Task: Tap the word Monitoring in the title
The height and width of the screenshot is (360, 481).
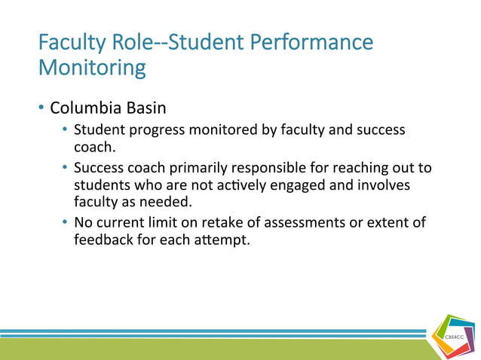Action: coord(92,69)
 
